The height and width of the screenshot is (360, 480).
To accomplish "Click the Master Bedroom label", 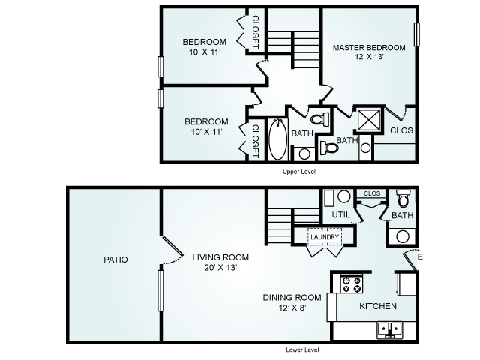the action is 369,48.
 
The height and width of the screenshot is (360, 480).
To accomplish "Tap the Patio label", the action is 115,259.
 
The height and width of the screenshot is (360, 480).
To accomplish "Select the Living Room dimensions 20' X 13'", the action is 220,268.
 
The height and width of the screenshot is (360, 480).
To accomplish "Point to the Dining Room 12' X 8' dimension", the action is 292,307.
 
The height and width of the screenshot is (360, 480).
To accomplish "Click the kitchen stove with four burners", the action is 352,283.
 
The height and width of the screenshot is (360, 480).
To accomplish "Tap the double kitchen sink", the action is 390,329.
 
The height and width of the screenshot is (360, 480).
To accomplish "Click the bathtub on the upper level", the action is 278,139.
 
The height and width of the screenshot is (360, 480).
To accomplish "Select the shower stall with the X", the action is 369,120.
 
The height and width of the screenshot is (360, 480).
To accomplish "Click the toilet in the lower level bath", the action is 403,198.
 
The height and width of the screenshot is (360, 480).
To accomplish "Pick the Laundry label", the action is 325,237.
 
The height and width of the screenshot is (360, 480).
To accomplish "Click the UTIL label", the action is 341,215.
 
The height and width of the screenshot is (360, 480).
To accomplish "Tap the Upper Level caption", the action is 299,172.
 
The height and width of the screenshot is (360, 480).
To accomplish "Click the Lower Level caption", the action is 302,350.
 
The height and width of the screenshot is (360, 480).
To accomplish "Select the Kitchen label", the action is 378,306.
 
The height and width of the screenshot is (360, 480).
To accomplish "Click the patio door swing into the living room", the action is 173,250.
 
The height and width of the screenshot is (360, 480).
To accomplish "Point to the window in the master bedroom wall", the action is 417,34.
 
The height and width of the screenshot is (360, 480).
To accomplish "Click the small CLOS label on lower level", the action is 372,193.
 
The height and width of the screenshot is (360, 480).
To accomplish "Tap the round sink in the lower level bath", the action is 403,236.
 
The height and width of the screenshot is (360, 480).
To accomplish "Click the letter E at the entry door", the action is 420,256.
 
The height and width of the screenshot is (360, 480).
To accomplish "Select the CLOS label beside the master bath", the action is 401,130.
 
